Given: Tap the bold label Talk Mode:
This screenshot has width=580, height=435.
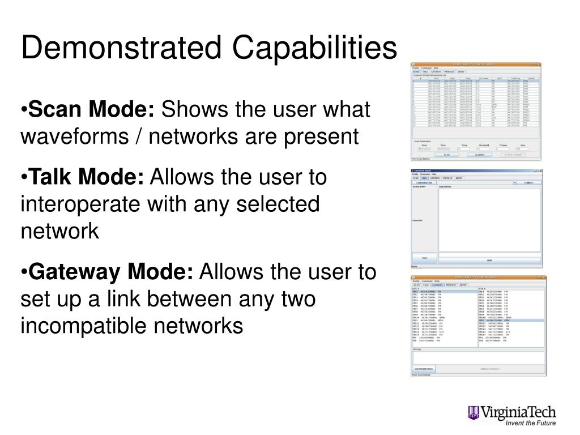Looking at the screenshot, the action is click(x=87, y=177).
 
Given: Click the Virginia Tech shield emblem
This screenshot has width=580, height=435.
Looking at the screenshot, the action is click(x=474, y=413).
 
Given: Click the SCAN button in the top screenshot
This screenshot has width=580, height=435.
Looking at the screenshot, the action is click(x=446, y=155).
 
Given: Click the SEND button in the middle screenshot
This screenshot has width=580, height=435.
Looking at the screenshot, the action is click(x=489, y=260).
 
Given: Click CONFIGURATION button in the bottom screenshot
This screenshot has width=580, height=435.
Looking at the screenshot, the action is click(x=424, y=369).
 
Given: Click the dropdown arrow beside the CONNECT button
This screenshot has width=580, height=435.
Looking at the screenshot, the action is click(x=515, y=183).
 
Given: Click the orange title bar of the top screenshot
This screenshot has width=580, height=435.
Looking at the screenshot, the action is click(x=476, y=65).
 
